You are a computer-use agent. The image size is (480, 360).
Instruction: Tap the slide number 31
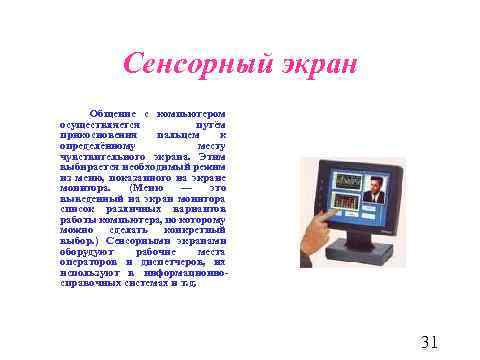(x=429, y=342)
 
